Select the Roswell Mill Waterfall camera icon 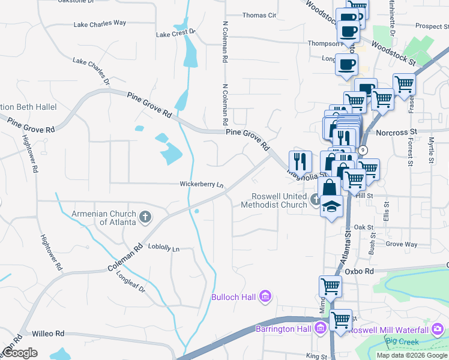click(438, 329)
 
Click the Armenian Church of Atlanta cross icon click(145, 217)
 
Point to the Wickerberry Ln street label click(202, 184)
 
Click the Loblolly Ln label click(164, 247)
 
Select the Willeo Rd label click(48, 333)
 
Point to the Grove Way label click(402, 244)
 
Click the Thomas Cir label click(259, 15)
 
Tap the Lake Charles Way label click(100, 23)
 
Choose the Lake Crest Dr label click(176, 34)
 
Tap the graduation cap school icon click(331, 206)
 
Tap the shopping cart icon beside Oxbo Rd click(330, 286)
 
